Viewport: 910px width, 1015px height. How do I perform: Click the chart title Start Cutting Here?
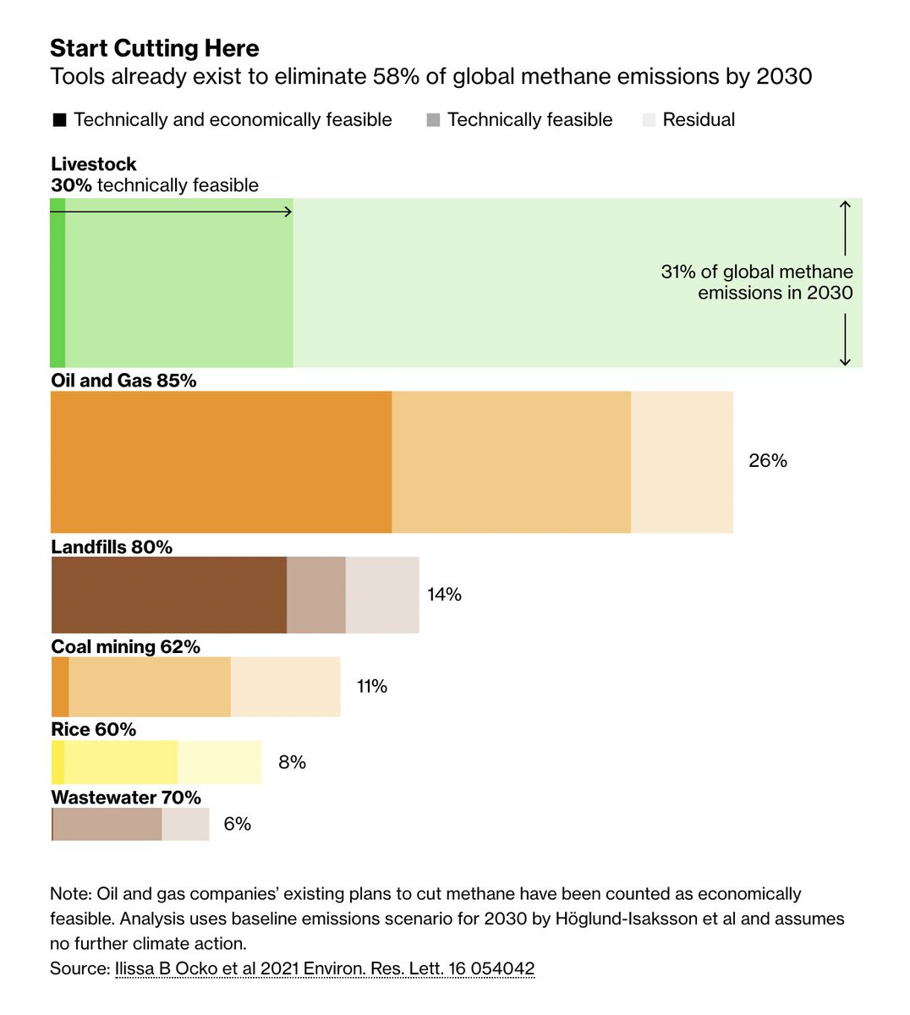[x=155, y=48]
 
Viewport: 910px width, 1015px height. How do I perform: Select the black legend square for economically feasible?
[x=59, y=120]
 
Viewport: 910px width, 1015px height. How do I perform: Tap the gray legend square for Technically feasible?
[x=433, y=120]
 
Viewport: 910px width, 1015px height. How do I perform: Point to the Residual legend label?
[x=699, y=120]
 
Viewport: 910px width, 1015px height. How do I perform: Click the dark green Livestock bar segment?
[x=58, y=283]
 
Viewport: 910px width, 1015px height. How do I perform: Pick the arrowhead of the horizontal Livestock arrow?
[x=288, y=211]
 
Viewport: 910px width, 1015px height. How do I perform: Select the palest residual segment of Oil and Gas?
[x=682, y=462]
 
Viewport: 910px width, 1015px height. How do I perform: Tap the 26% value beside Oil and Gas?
[x=768, y=461]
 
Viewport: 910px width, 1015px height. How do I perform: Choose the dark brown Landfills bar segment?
[x=169, y=595]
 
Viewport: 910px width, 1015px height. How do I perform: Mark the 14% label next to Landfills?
[x=444, y=595]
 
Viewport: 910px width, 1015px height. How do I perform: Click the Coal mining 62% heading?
[x=125, y=647]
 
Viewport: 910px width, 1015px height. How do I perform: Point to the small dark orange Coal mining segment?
[x=60, y=687]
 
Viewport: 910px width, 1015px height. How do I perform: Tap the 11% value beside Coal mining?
[x=372, y=686]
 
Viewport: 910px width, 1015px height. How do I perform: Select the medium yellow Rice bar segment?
[x=121, y=762]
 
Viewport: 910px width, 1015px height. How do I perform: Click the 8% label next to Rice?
[x=292, y=762]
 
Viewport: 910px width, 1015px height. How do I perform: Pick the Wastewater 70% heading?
[x=126, y=798]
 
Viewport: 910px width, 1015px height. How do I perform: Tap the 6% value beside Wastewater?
[x=238, y=824]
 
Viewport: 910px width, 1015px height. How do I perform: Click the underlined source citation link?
[x=325, y=968]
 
